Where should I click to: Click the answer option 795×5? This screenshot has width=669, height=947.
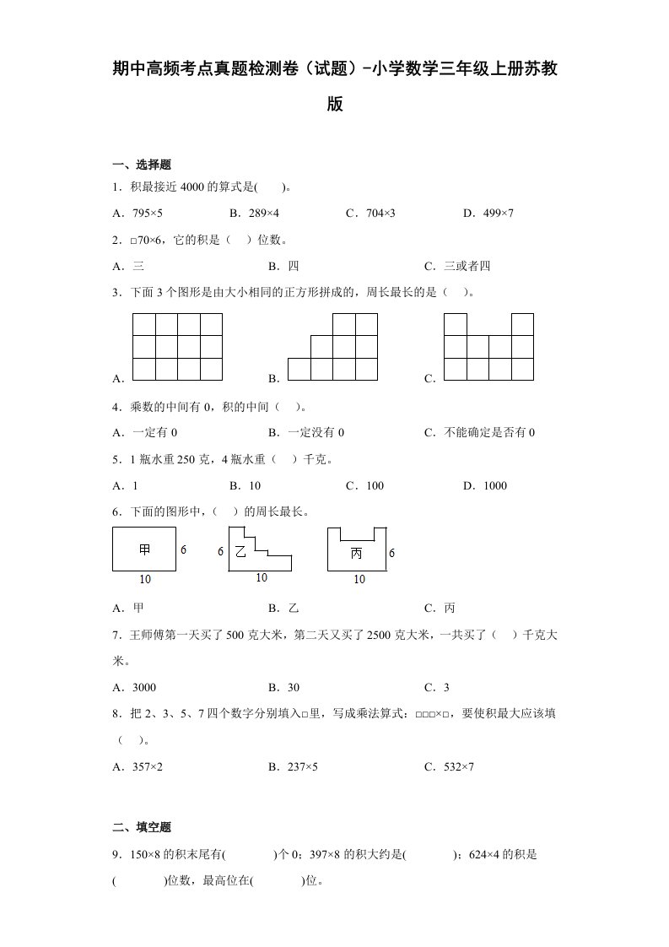(x=148, y=213)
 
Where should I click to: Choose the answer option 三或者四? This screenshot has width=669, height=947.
(x=467, y=266)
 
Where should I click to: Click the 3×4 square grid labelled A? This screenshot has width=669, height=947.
(x=178, y=347)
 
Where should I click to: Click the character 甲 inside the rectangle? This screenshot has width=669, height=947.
(x=144, y=549)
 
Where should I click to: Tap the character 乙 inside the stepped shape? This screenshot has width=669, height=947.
(x=240, y=551)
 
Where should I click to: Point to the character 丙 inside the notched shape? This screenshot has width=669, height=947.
(x=356, y=552)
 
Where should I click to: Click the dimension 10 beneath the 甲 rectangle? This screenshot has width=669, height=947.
(x=144, y=580)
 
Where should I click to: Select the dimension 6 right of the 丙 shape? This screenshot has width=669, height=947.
(x=391, y=553)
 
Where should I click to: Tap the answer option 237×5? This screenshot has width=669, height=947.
(x=302, y=766)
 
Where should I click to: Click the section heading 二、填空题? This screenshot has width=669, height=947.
(x=142, y=827)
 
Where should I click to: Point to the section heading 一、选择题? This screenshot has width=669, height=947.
(x=142, y=165)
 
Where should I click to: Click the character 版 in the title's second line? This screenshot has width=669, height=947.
(x=335, y=106)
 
